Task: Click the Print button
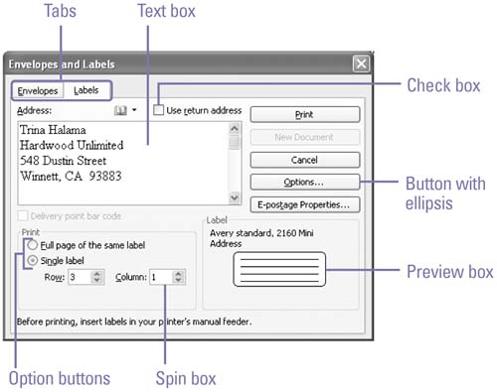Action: (x=305, y=115)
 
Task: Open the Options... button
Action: (x=305, y=183)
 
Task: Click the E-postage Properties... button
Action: (x=305, y=204)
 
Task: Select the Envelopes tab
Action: (x=38, y=90)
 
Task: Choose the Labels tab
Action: (x=86, y=90)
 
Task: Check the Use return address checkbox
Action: (x=159, y=110)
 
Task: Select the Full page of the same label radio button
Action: (x=33, y=245)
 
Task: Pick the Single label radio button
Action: (x=33, y=261)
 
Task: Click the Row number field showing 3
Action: (x=80, y=277)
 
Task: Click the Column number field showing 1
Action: (x=161, y=277)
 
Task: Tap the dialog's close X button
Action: (x=361, y=64)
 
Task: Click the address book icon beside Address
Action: (x=120, y=110)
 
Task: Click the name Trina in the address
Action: (x=32, y=130)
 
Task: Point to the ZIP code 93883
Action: (x=105, y=176)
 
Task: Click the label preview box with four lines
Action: (x=279, y=269)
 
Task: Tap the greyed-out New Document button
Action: (x=305, y=137)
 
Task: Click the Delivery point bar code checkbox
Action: (x=23, y=216)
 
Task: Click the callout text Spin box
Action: (x=186, y=378)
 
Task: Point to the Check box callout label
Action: (x=443, y=85)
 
